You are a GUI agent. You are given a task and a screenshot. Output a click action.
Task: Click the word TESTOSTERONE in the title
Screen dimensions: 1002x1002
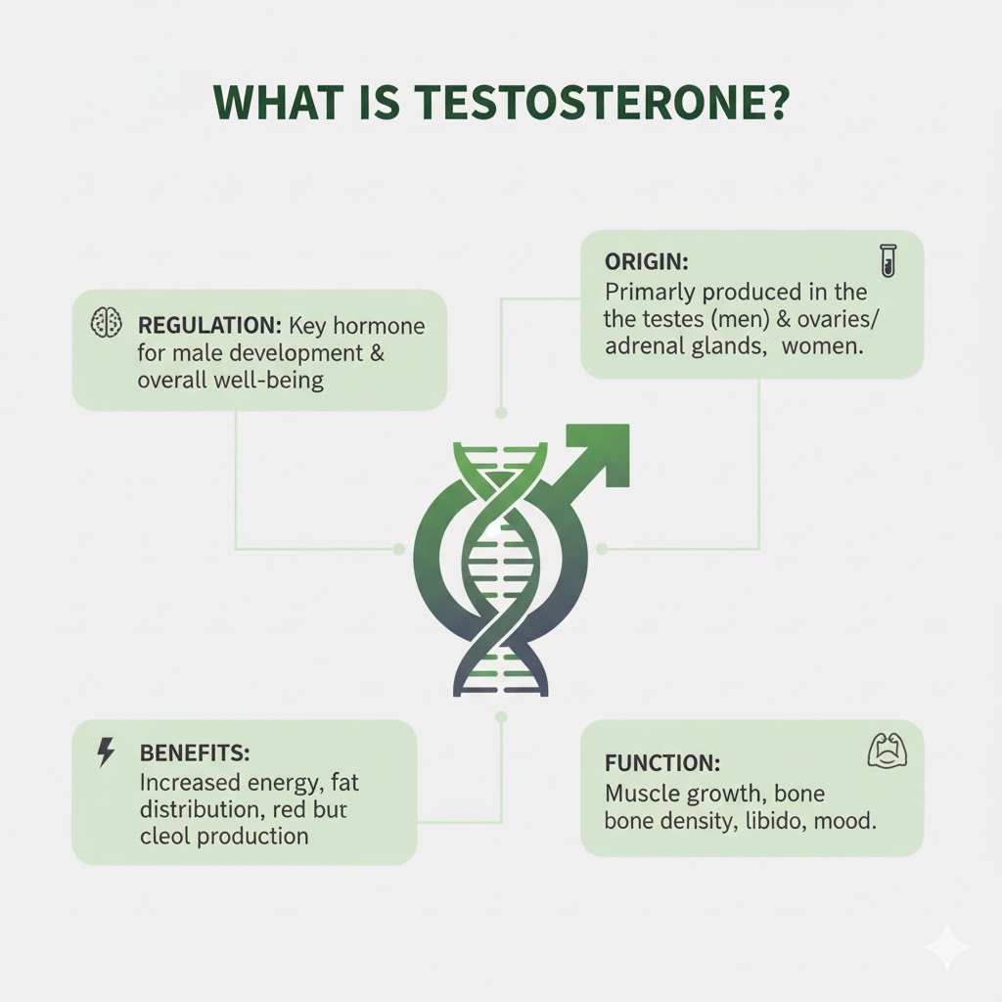pyautogui.click(x=586, y=102)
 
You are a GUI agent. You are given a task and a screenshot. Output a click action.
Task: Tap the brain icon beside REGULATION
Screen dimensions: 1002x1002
pyautogui.click(x=106, y=322)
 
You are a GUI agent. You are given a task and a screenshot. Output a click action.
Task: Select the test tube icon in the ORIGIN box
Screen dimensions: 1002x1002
pyautogui.click(x=888, y=260)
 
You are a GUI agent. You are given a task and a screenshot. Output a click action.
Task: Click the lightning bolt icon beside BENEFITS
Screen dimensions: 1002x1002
pyautogui.click(x=106, y=752)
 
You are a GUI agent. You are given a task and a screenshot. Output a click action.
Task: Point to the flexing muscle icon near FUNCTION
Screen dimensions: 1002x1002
pyautogui.click(x=888, y=751)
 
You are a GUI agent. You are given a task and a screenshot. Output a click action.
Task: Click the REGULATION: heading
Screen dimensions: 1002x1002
pyautogui.click(x=209, y=326)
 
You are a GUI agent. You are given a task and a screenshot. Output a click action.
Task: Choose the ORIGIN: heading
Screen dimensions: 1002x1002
pyautogui.click(x=647, y=261)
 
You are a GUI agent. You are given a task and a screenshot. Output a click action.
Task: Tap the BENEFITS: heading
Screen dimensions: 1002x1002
pyautogui.click(x=195, y=752)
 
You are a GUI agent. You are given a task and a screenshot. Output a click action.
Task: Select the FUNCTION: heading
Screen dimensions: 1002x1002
pyautogui.click(x=662, y=763)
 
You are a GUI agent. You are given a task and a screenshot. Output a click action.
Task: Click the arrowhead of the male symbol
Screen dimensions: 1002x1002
pyautogui.click(x=605, y=450)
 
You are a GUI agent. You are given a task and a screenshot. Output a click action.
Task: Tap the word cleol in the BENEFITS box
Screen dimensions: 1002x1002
pyautogui.click(x=164, y=836)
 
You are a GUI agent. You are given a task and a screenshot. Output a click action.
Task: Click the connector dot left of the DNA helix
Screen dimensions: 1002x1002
pyautogui.click(x=399, y=549)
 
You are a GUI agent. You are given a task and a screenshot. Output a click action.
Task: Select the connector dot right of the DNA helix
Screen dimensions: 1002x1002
pyautogui.click(x=602, y=549)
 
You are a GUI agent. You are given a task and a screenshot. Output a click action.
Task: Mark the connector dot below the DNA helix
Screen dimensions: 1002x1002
pyautogui.click(x=501, y=717)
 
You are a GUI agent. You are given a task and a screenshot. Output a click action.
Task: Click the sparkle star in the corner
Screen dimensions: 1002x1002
pyautogui.click(x=947, y=946)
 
